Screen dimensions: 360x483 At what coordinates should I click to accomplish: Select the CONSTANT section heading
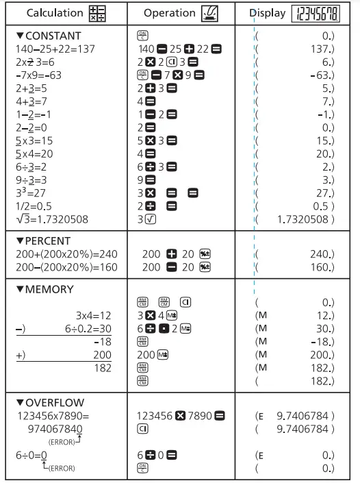click(x=47, y=36)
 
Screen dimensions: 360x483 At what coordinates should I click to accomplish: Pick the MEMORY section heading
click(x=44, y=289)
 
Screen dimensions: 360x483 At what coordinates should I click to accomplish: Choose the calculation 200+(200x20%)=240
click(x=66, y=253)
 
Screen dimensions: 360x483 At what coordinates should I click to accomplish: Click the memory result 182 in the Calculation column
click(x=102, y=368)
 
